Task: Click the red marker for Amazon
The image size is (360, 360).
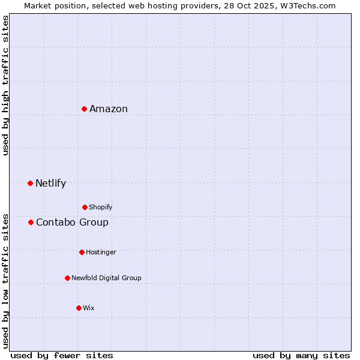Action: point(85,109)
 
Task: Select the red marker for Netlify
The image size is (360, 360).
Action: point(30,183)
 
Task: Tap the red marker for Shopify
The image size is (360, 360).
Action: point(85,207)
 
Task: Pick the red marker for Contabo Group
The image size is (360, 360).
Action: point(31,222)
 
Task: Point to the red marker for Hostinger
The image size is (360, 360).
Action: point(82,252)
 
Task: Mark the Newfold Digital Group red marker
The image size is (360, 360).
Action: point(67,278)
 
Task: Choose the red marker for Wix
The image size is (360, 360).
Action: point(79,308)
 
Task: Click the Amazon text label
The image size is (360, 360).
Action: point(109,109)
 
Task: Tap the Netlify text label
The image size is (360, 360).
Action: point(50,184)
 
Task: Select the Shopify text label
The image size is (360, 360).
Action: point(100,208)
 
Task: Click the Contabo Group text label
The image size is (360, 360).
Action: point(72,223)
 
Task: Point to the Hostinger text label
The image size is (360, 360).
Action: point(101,253)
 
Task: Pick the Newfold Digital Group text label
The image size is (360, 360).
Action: point(106,278)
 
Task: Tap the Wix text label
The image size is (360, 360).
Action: point(89,308)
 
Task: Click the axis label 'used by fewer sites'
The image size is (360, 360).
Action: point(62,355)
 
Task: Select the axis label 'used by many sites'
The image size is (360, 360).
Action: point(301,355)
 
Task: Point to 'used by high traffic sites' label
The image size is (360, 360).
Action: point(5,85)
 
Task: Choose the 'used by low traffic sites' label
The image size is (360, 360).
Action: point(5,281)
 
